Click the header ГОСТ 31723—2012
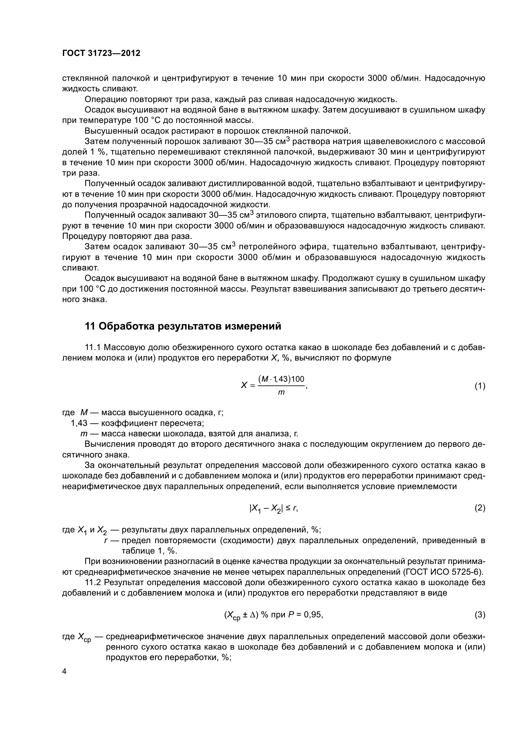click(101, 53)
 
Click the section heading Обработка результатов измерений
click(190, 326)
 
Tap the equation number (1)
click(480, 386)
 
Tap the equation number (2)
click(480, 508)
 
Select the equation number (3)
click(480, 615)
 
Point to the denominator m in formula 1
click(281, 393)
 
